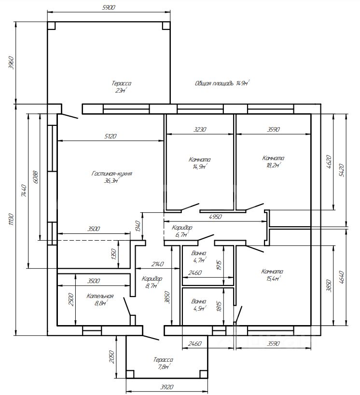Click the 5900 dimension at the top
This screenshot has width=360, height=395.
[x=109, y=7]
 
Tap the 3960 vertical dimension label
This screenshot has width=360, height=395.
[x=11, y=63]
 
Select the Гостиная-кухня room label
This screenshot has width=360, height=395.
[x=111, y=177]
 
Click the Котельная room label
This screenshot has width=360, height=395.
[x=100, y=300]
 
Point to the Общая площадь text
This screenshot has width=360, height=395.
[x=214, y=83]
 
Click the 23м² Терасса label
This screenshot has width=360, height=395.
[x=122, y=87]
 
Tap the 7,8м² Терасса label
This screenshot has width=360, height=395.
[x=163, y=363]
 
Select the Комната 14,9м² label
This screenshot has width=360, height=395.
[x=200, y=163]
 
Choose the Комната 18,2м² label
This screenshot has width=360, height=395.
[x=273, y=162]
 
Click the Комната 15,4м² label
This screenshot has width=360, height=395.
[x=272, y=275]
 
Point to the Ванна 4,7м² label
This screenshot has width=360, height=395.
[x=199, y=257]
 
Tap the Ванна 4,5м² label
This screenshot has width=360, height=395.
[x=199, y=304]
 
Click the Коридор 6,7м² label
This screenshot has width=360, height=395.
[x=182, y=231]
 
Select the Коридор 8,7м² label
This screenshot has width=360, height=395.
[x=152, y=282]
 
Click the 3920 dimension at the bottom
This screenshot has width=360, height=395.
[x=167, y=387]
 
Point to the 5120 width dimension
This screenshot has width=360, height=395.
[x=111, y=136]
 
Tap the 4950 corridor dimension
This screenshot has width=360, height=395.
[x=215, y=217]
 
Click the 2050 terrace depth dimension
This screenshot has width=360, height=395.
[x=112, y=357]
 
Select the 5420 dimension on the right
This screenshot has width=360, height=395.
[x=342, y=170]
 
